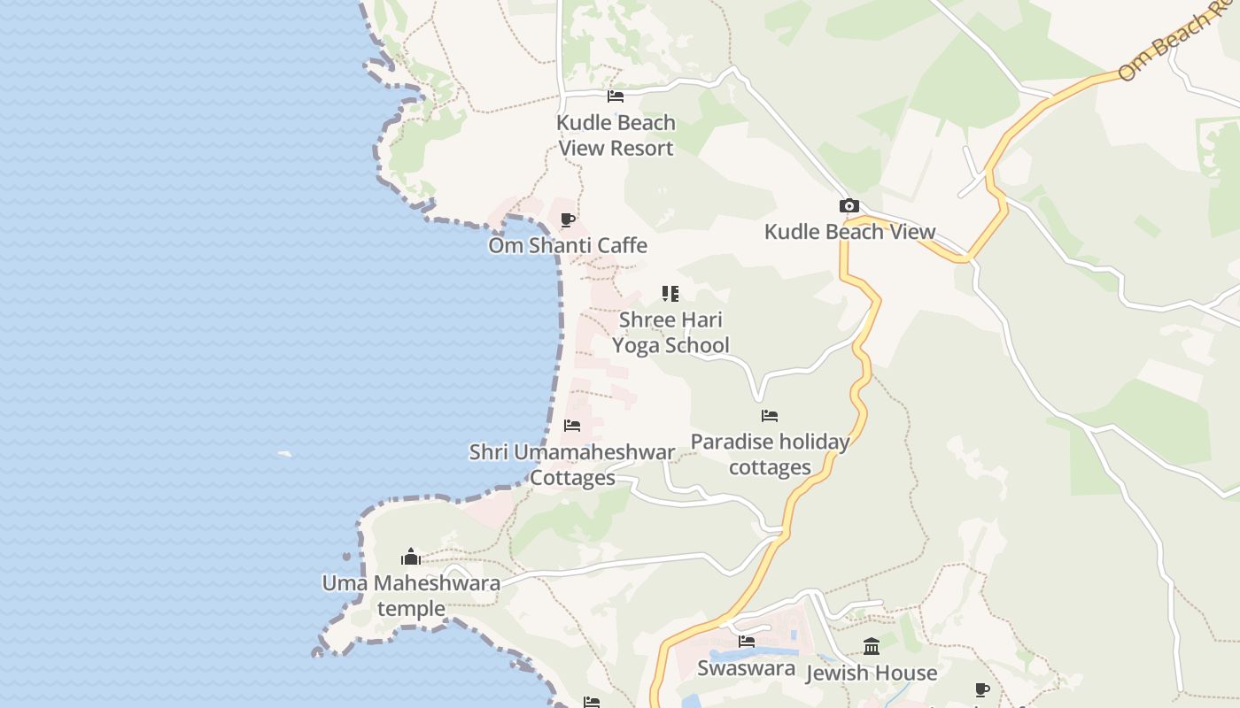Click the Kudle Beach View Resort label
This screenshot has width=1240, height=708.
(616, 135)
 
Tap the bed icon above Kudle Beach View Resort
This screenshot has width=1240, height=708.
(616, 96)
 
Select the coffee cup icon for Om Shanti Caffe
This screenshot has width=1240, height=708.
(568, 219)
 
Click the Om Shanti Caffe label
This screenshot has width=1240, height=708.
(568, 245)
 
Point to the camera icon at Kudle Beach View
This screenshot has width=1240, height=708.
(849, 206)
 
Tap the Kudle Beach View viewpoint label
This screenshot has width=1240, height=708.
(849, 232)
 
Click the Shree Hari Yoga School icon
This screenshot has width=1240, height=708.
(670, 293)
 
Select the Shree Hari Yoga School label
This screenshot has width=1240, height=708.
(670, 332)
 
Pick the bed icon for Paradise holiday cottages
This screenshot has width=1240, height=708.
(770, 415)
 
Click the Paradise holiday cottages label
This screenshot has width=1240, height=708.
(770, 454)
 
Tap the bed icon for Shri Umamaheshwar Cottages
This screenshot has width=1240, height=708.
(572, 426)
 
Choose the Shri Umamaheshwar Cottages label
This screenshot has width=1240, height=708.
(572, 465)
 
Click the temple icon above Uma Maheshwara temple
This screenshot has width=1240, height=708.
(411, 557)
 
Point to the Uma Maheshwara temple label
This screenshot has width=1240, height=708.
(411, 596)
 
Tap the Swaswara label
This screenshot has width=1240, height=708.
(746, 668)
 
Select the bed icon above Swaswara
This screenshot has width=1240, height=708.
(747, 642)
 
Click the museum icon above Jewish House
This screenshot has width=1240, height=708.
(872, 646)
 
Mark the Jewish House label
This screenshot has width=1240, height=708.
(872, 673)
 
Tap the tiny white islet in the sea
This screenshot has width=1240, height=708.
(284, 454)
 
